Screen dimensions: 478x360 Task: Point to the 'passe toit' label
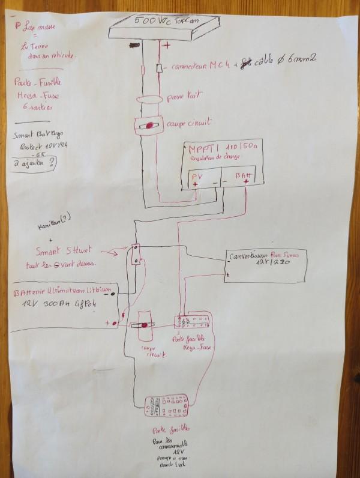[187, 95]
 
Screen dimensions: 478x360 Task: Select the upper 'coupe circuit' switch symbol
[148, 127]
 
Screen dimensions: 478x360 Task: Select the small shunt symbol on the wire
[137, 254]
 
